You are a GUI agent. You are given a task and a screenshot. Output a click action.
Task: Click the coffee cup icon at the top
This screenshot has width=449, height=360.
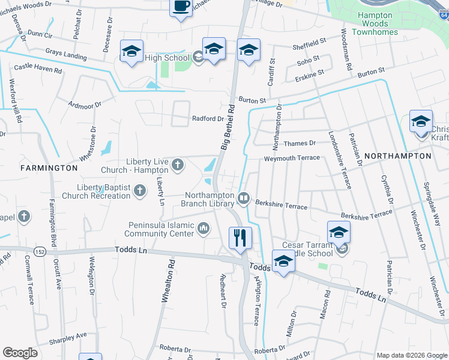(x=181, y=7)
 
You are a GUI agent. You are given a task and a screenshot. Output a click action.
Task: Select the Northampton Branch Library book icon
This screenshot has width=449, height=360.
(x=244, y=197)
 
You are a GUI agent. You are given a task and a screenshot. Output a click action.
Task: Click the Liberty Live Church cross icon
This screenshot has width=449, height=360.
(x=177, y=164)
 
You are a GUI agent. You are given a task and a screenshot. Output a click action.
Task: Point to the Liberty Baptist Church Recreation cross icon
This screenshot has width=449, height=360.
(x=139, y=191)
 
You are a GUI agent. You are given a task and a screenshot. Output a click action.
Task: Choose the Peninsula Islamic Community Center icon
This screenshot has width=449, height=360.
(x=203, y=227)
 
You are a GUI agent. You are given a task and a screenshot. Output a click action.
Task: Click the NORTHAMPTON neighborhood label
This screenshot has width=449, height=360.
(x=397, y=156)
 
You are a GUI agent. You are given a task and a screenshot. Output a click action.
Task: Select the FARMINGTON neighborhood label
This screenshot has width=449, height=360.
(x=49, y=168)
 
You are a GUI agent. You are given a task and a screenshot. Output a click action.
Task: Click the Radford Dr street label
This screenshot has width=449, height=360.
(x=208, y=119)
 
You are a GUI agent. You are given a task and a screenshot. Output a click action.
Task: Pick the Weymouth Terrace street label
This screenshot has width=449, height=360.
(x=292, y=158)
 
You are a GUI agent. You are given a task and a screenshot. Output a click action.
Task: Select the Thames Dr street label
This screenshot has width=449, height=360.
(x=299, y=143)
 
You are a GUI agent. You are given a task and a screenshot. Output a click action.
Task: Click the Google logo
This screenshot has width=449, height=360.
(x=20, y=353)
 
